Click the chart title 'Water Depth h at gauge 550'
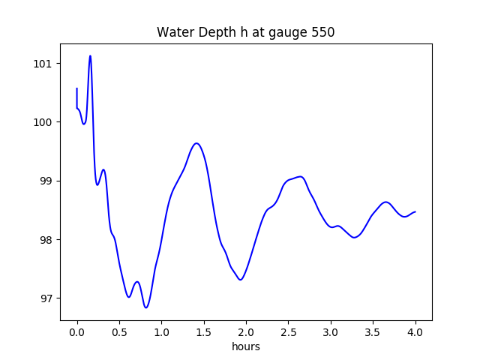246,33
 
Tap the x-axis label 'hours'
246,347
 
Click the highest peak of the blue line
90,55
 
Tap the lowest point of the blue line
146,307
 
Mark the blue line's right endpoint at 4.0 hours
415,211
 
